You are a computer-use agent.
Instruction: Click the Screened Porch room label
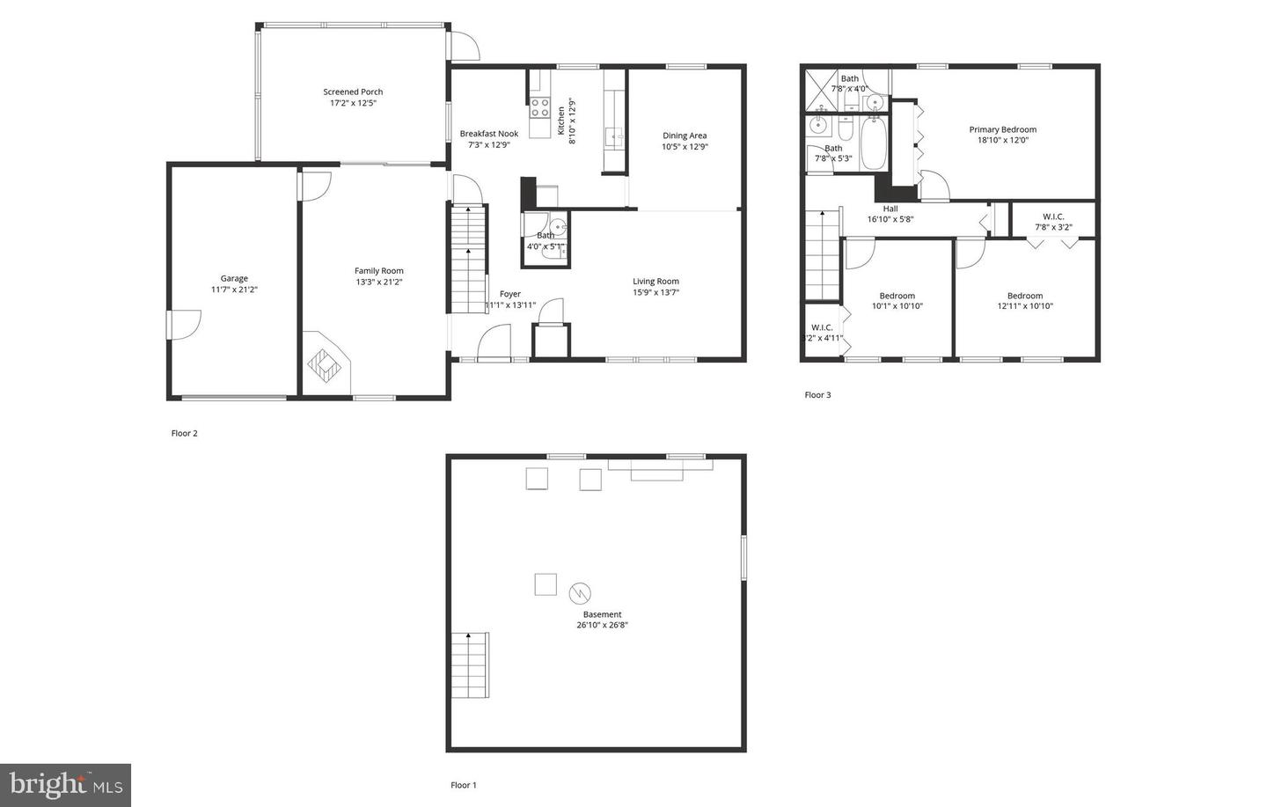point(353,92)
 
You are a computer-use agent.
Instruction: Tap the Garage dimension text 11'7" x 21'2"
point(234,290)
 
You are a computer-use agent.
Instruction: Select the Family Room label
point(379,271)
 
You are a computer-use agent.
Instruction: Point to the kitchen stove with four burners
point(539,107)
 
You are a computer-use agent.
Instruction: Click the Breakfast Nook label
point(489,134)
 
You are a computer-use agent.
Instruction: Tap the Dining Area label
point(685,136)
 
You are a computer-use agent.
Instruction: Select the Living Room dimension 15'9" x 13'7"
point(655,292)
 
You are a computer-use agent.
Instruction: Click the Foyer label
point(510,294)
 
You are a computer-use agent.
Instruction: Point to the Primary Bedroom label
point(1003,129)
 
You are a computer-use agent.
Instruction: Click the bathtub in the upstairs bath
point(874,143)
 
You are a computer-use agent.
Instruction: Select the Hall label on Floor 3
point(890,209)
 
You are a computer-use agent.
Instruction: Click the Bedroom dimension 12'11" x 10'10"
point(1025,306)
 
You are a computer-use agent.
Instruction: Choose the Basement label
point(603,614)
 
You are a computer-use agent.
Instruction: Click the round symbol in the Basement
point(580,592)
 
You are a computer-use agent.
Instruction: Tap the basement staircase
point(470,665)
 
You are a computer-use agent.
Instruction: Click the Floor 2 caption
point(185,433)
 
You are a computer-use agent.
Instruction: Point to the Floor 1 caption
point(464,785)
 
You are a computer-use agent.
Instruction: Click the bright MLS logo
point(65,784)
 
